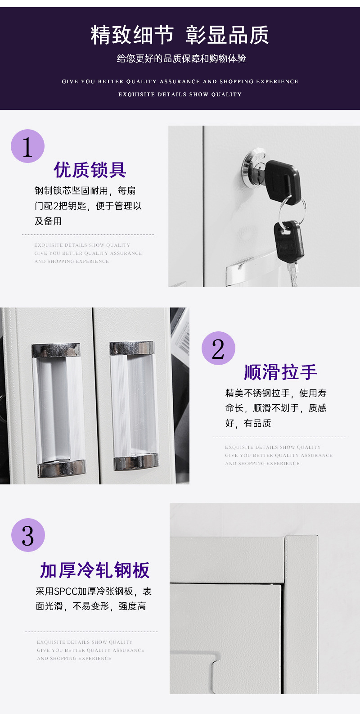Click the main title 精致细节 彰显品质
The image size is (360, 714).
click(180, 35)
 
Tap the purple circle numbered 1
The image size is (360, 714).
click(28, 146)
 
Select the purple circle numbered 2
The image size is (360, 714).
click(219, 348)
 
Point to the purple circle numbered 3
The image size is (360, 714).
click(28, 535)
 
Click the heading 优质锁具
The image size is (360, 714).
click(90, 170)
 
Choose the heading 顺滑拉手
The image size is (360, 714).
click(281, 372)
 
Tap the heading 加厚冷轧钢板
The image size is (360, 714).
click(95, 570)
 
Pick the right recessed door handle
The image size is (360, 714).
click(134, 405)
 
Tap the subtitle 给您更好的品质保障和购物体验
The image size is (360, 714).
click(181, 59)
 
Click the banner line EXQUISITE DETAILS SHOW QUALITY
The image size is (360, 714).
click(180, 95)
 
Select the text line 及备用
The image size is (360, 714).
click(48, 221)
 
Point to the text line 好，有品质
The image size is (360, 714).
click(248, 423)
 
